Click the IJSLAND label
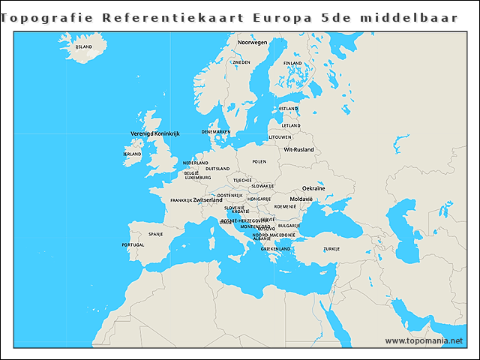pyautogui.click(x=83, y=46)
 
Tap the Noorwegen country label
pyautogui.click(x=252, y=43)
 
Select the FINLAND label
pyautogui.click(x=294, y=63)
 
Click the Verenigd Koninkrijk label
pyautogui.click(x=155, y=133)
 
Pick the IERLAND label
pyautogui.click(x=132, y=154)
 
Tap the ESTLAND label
pyautogui.click(x=289, y=108)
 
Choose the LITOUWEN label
pyautogui.click(x=280, y=137)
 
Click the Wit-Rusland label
pyautogui.click(x=298, y=149)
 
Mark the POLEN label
pyautogui.click(x=259, y=161)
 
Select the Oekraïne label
pyautogui.click(x=313, y=188)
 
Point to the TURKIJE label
pyautogui.click(x=331, y=248)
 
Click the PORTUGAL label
pyautogui.click(x=133, y=244)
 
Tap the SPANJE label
pyautogui.click(x=156, y=234)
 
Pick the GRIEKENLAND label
pyautogui.click(x=275, y=248)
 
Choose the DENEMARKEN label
pyautogui.click(x=216, y=132)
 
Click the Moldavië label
pyautogui.click(x=301, y=198)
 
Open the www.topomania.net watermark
pyautogui.click(x=424, y=340)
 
